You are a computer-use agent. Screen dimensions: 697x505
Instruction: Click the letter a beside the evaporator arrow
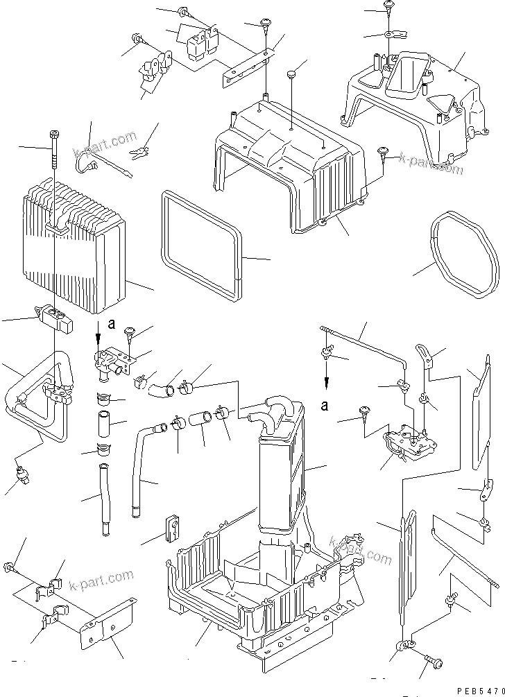(112, 324)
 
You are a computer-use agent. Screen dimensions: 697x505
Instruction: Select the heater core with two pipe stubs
(281, 451)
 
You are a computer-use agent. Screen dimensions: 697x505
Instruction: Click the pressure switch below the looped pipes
(22, 476)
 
